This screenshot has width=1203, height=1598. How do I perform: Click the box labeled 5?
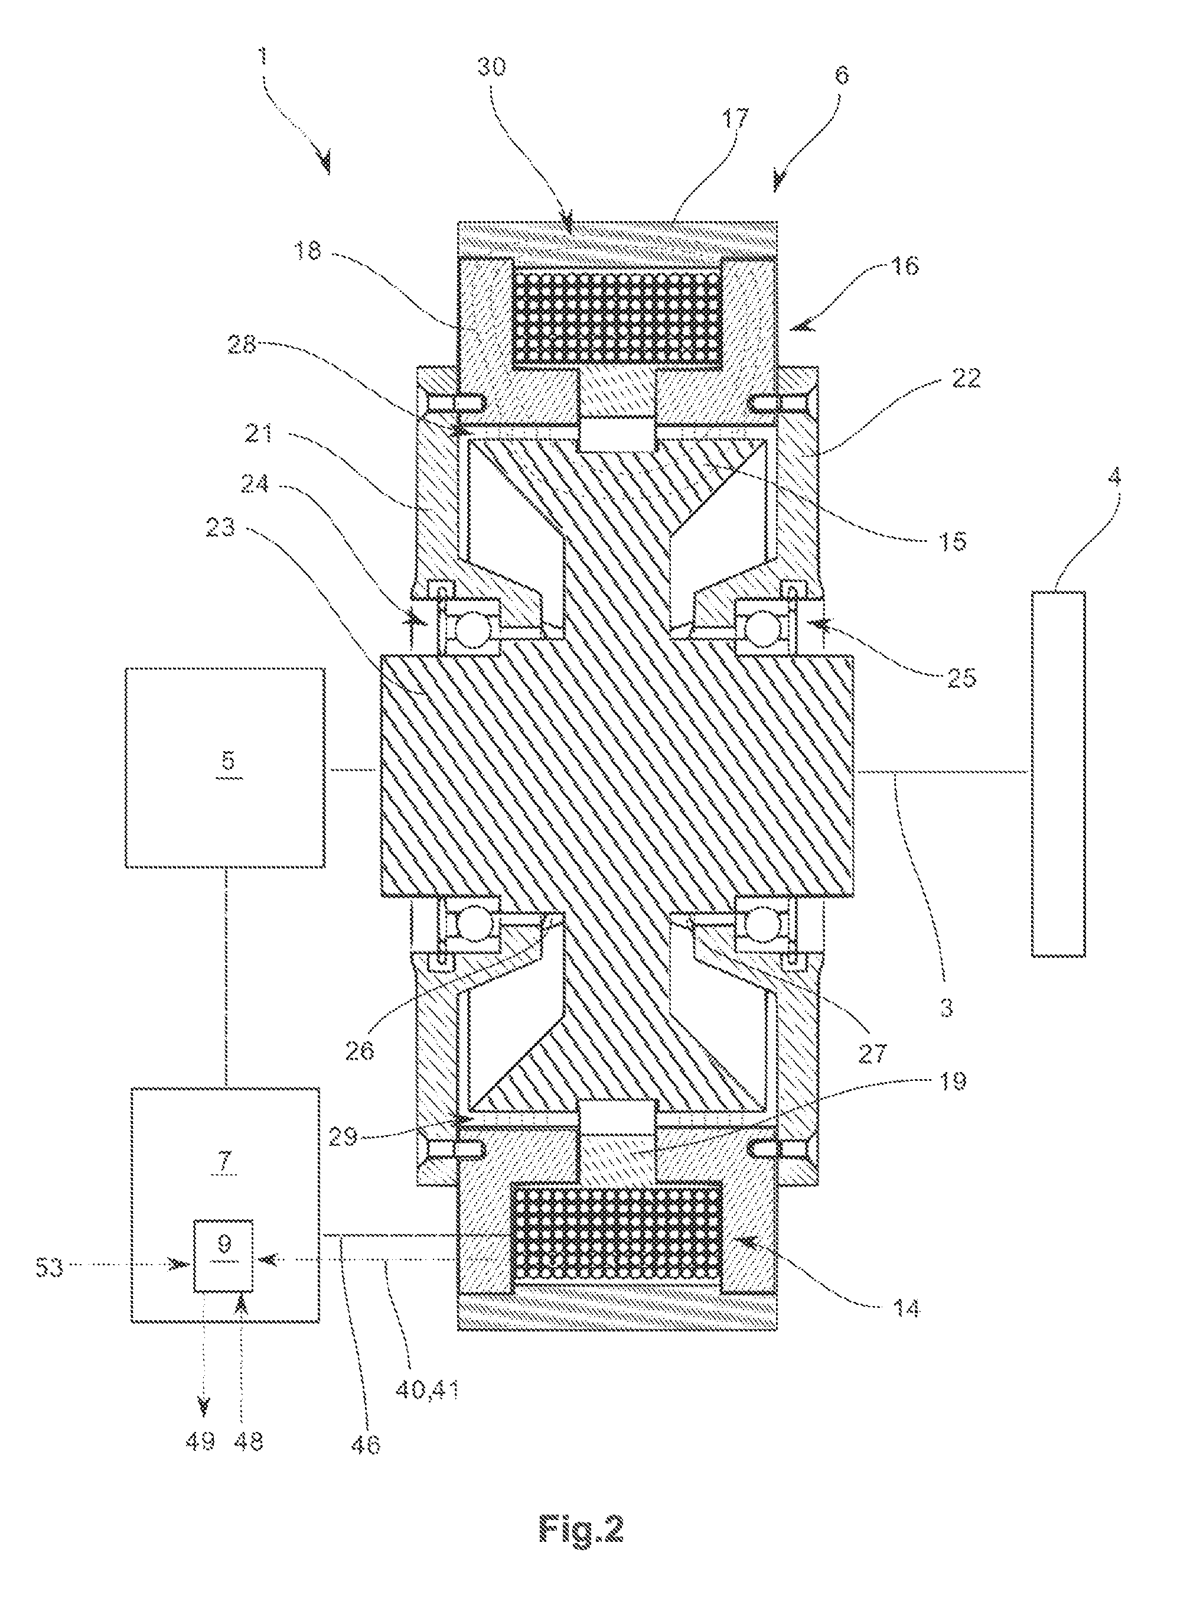pyautogui.click(x=224, y=766)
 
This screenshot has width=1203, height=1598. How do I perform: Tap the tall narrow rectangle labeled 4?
pyautogui.click(x=1058, y=774)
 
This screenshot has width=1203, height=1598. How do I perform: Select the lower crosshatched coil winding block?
pyautogui.click(x=616, y=1233)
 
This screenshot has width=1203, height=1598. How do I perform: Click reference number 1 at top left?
pyautogui.click(x=262, y=56)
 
